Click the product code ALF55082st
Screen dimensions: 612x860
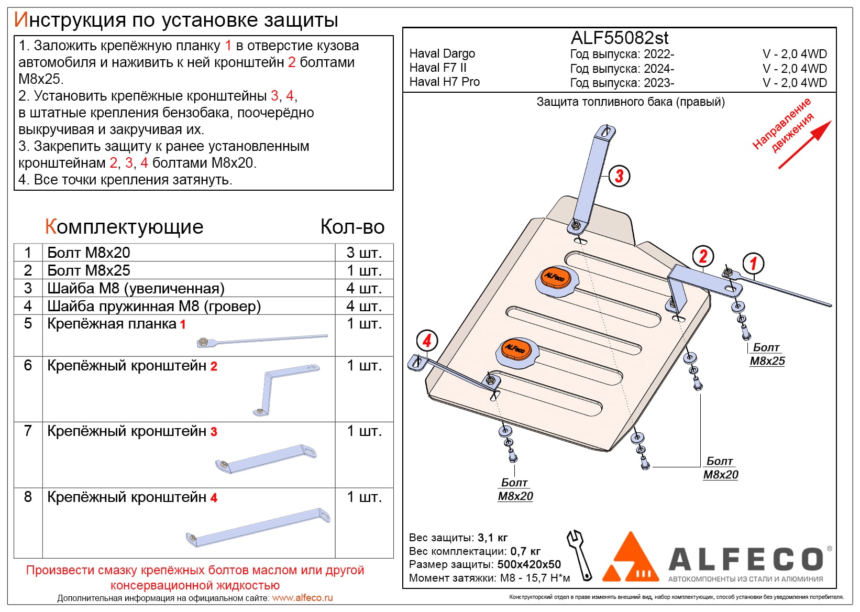tap(619, 38)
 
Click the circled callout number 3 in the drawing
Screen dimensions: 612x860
tap(619, 176)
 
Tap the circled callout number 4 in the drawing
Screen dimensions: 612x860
tap(427, 341)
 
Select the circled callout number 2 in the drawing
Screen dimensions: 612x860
tap(703, 256)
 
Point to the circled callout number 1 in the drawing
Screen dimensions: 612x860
tap(753, 263)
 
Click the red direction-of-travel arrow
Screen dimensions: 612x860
tap(804, 145)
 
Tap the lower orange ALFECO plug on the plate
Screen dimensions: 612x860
tap(515, 349)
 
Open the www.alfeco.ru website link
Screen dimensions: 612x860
tap(302, 598)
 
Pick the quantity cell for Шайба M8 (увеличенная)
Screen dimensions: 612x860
tap(364, 288)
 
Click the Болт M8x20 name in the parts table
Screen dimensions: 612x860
tap(89, 253)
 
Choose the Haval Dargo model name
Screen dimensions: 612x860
tap(442, 53)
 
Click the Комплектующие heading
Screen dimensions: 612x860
tap(124, 227)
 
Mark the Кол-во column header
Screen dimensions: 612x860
tap(352, 227)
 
